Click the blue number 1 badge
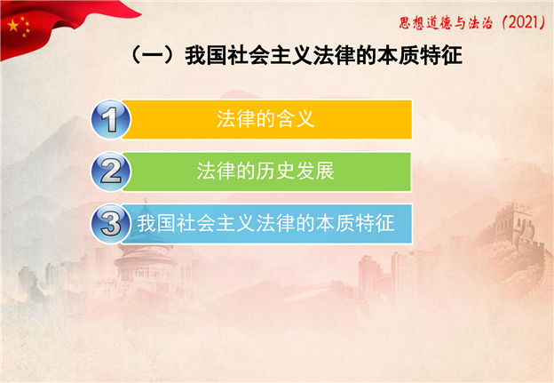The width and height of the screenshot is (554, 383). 111,119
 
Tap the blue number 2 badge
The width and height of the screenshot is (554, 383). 111,172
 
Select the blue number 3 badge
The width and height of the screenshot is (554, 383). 111,224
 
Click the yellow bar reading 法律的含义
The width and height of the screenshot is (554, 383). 266,119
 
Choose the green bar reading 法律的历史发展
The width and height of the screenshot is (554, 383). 266,172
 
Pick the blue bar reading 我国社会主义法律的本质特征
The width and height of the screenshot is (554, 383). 266,224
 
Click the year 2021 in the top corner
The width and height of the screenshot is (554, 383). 524,22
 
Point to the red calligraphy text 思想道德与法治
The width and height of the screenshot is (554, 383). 446,23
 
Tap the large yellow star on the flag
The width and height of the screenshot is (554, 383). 13,26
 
